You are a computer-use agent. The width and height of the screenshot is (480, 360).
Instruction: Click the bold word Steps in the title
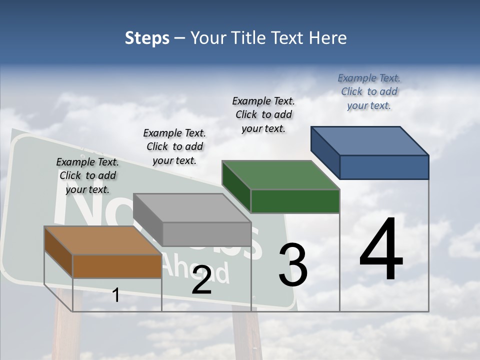(x=147, y=38)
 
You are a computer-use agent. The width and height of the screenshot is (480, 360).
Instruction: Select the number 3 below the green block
(x=293, y=265)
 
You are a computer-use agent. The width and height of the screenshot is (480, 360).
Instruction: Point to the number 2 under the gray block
(x=201, y=280)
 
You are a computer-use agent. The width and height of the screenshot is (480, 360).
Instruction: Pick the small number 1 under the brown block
(x=116, y=295)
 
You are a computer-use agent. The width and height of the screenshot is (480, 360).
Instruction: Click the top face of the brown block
(x=102, y=240)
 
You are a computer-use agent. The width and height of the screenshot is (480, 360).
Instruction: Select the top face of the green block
(x=280, y=175)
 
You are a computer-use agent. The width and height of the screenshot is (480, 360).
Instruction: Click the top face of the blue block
(x=369, y=141)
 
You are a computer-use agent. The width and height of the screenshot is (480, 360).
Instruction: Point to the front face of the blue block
(x=384, y=167)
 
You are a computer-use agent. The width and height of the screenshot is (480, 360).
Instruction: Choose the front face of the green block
(x=295, y=201)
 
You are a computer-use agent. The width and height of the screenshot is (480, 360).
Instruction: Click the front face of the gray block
(x=206, y=234)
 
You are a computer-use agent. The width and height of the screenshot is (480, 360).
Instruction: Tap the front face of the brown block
(x=117, y=266)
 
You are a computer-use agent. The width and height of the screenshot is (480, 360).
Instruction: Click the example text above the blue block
(x=369, y=91)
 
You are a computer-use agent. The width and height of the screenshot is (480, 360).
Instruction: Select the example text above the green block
(x=263, y=114)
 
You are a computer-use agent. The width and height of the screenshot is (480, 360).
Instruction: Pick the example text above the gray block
(x=174, y=146)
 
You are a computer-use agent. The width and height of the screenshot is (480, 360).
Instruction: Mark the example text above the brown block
(x=87, y=175)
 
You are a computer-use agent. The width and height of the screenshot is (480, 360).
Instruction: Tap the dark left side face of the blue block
(x=325, y=150)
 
